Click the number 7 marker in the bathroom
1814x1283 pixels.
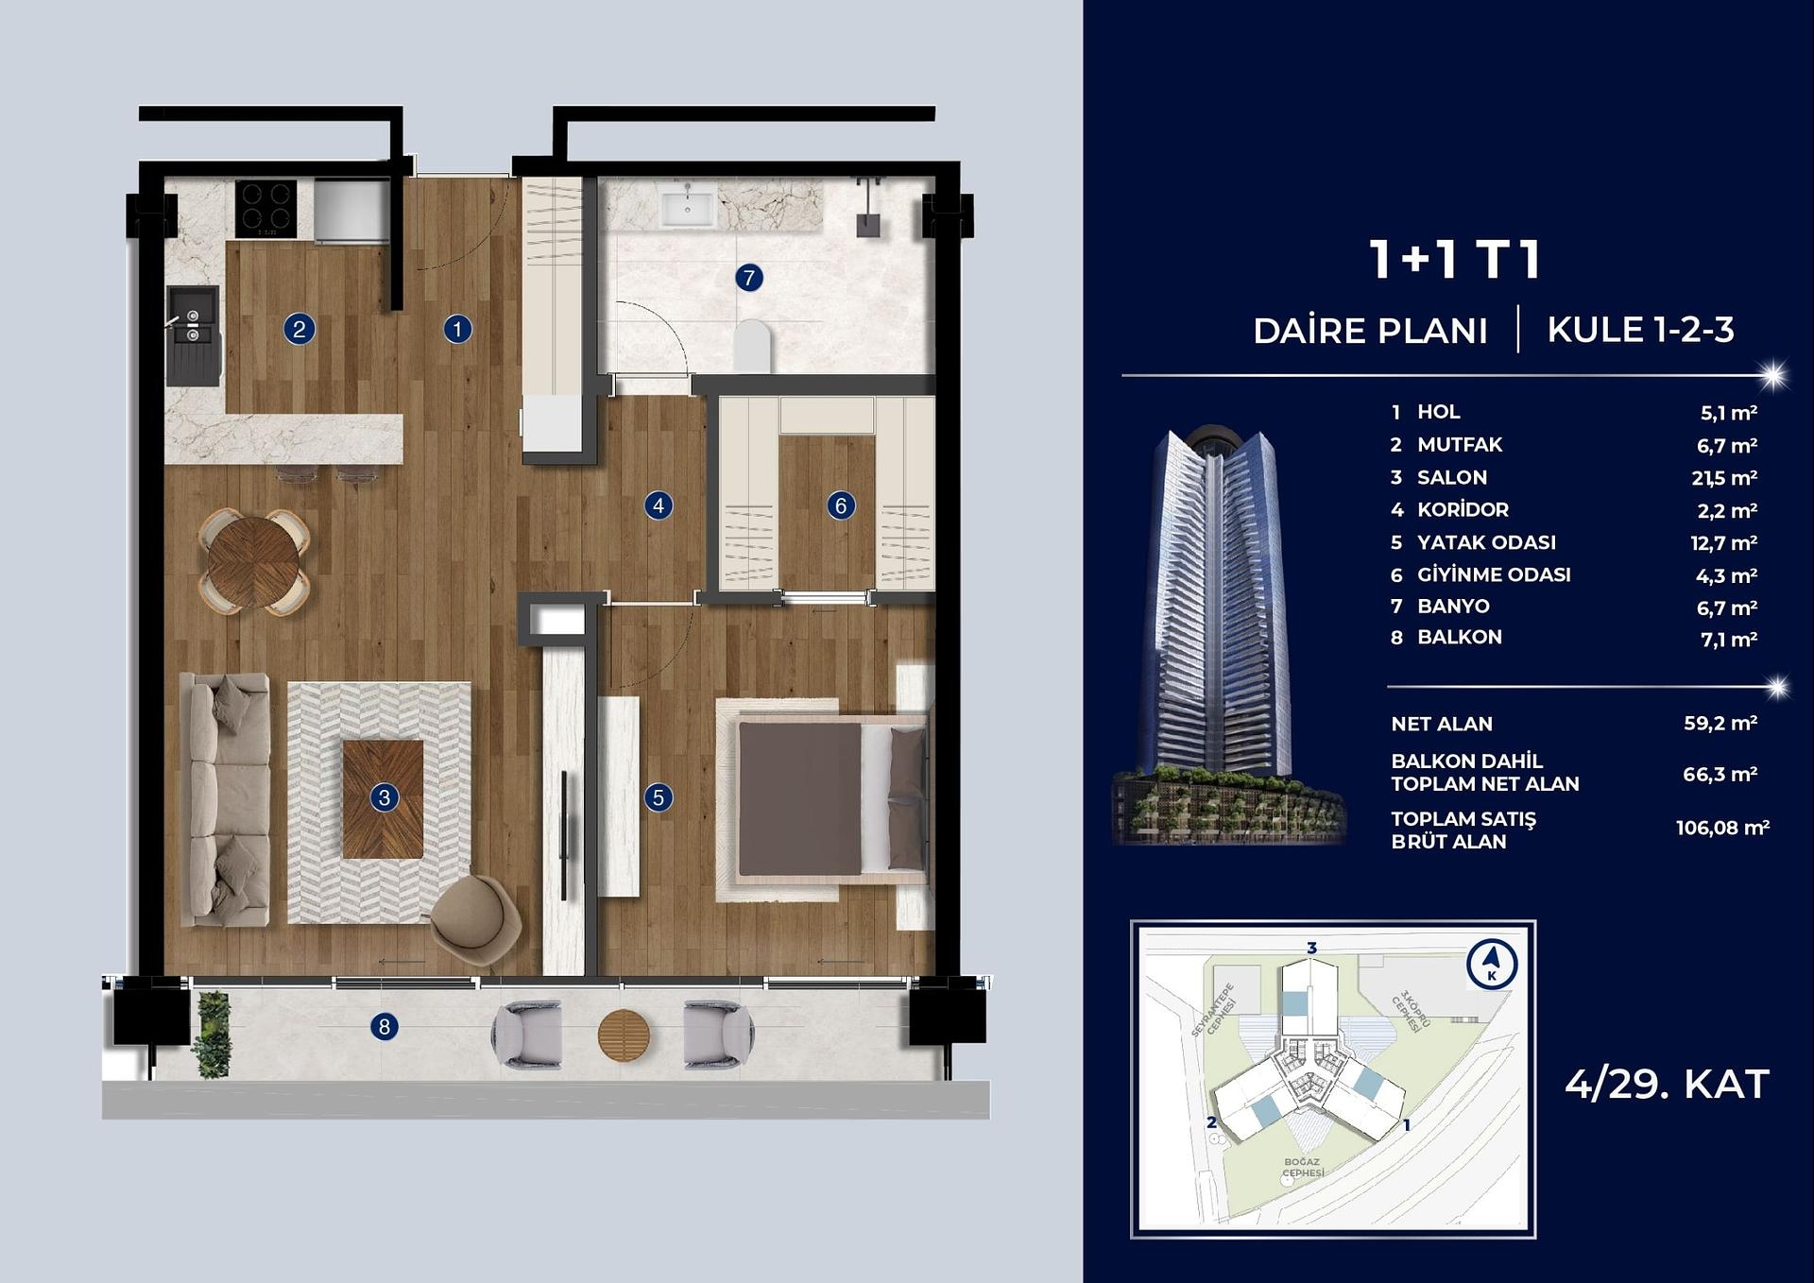[748, 278]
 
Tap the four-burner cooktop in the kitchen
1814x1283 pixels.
[265, 209]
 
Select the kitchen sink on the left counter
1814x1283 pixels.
[193, 324]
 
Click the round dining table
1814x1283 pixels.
[253, 563]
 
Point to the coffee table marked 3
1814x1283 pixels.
[383, 798]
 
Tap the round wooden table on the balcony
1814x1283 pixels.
[624, 1035]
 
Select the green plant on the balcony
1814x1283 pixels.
[212, 1035]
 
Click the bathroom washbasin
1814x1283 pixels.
[687, 206]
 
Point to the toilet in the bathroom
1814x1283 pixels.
[752, 346]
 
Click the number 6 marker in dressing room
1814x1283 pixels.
[840, 505]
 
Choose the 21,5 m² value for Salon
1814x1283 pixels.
[1723, 478]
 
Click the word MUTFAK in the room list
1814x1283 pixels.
[1459, 445]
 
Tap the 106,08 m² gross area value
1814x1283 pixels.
[1721, 829]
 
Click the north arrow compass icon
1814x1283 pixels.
[1492, 965]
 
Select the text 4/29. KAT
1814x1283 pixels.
[1666, 1085]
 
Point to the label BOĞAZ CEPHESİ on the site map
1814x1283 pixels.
[1303, 1168]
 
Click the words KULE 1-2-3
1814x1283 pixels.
[1640, 330]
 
